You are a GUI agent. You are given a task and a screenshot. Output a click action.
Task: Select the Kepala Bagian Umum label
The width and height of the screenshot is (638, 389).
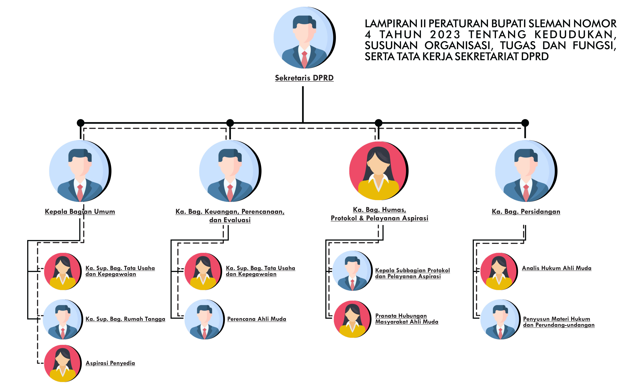(x=80, y=212)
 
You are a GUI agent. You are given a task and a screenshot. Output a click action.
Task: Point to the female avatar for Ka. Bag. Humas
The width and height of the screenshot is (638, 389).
(x=379, y=171)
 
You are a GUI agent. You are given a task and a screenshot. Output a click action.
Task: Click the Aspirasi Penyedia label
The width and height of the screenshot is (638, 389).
(x=110, y=363)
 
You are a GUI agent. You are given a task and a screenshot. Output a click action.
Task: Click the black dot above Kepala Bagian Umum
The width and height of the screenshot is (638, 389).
(x=80, y=123)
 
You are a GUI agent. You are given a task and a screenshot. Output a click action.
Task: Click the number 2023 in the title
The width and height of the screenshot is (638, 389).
(x=445, y=34)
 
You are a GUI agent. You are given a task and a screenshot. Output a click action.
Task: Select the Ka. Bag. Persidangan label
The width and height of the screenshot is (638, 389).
(x=526, y=212)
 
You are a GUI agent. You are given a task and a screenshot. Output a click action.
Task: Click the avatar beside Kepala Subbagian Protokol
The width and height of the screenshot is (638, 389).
(x=352, y=271)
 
